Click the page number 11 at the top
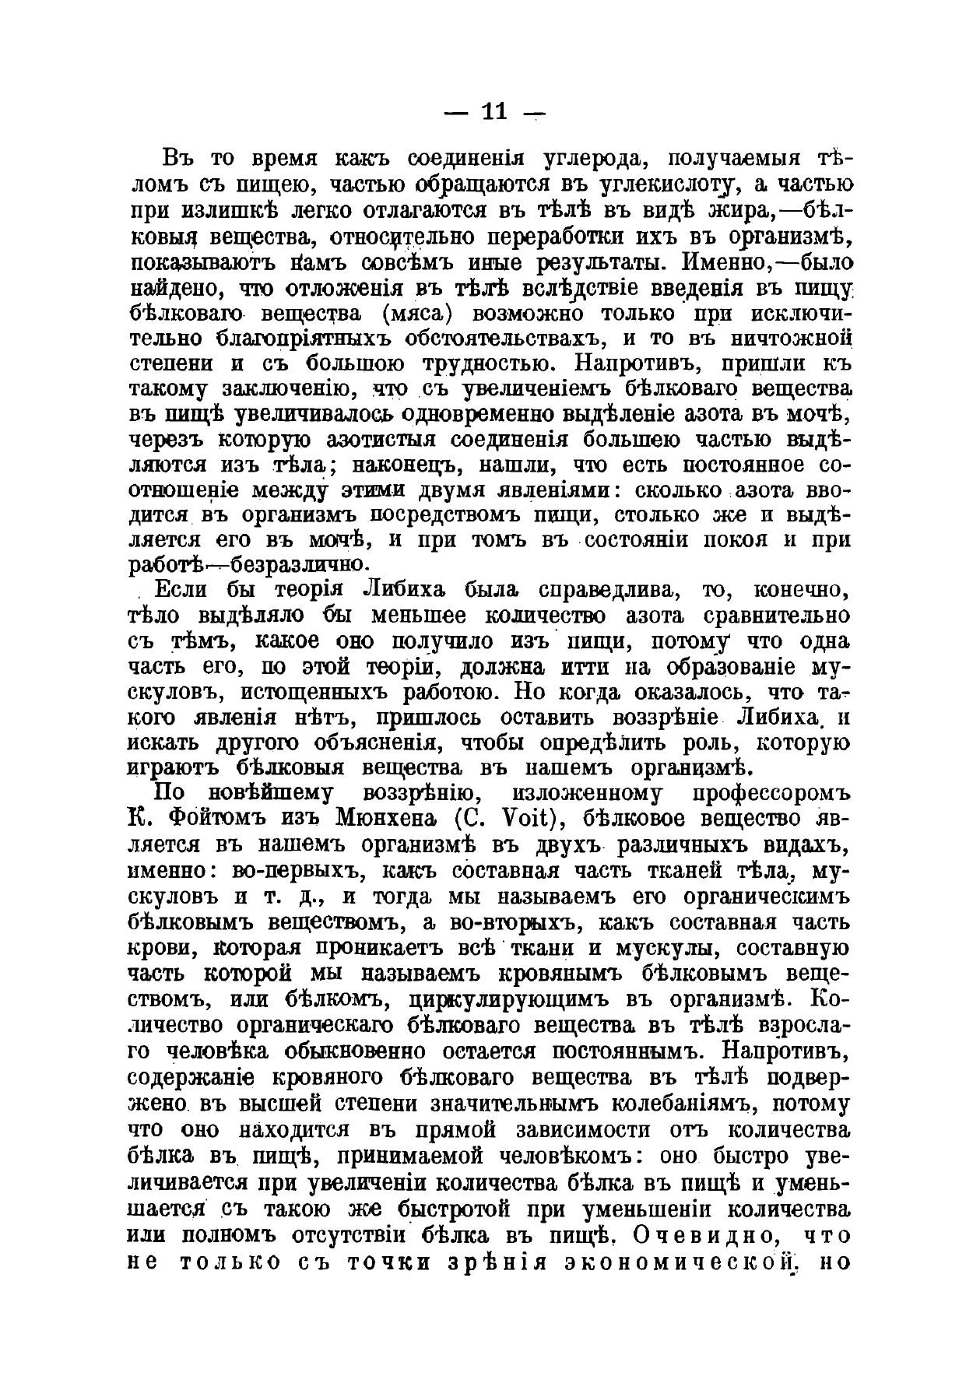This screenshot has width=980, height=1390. coord(494,112)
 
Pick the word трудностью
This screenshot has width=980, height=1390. coord(489,364)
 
